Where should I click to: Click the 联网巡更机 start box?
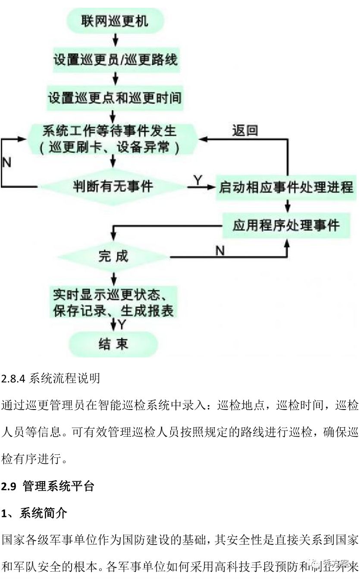pos(115,21)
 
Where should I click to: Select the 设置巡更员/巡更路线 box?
pos(115,59)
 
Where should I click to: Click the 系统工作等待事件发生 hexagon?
pos(113,138)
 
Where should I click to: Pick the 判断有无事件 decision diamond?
pos(113,187)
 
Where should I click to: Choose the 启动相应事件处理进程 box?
pos(286,187)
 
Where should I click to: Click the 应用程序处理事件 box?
pos(286,225)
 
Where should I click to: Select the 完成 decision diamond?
pos(113,257)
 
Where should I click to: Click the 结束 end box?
pos(113,344)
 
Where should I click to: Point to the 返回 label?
pos(245,131)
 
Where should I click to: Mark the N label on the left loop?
pos(6,162)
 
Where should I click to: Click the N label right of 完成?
pos(220,250)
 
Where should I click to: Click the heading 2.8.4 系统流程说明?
pos(51,379)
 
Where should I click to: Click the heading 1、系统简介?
pos(34,513)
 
